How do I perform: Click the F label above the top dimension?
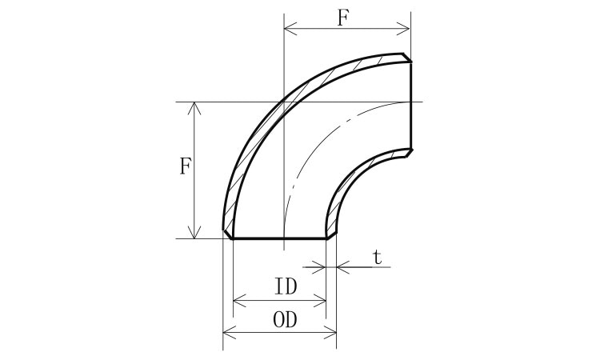(343, 18)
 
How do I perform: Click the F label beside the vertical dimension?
(186, 166)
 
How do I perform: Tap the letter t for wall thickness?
(378, 258)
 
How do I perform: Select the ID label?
(286, 286)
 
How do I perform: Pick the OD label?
(285, 320)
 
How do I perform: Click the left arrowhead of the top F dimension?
(290, 28)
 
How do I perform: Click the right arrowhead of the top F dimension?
(403, 28)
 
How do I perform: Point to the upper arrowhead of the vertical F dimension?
(194, 108)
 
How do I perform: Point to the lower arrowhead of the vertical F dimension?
(194, 232)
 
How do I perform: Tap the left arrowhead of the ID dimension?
(239, 301)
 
